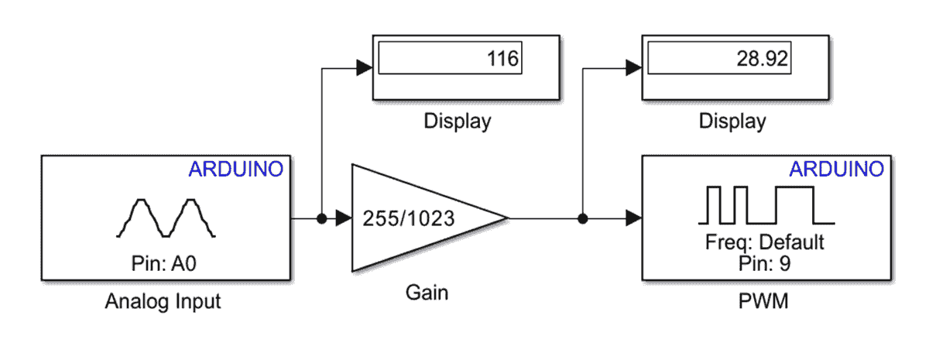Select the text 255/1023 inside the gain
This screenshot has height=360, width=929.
tap(409, 219)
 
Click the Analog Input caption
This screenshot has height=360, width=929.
tap(163, 302)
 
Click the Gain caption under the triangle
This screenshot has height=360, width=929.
tap(427, 293)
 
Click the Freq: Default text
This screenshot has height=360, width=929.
tap(763, 242)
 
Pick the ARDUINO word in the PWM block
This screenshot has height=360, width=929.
tap(836, 169)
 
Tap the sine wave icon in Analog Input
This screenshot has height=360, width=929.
tap(166, 218)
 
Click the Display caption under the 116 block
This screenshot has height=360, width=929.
tap(458, 122)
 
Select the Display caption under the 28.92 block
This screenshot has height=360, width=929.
tap(732, 122)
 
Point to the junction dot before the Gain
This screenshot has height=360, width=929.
tap(321, 219)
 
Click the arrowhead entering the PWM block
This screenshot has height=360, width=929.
tap(633, 219)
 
